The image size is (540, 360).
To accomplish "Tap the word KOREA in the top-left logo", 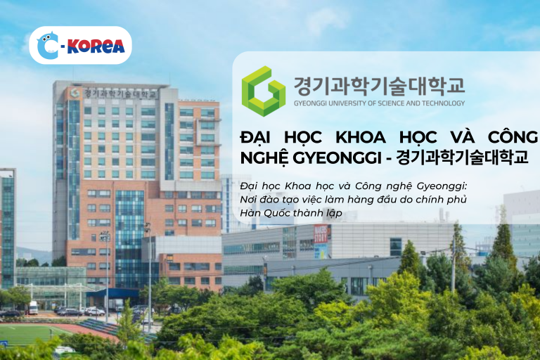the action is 96,46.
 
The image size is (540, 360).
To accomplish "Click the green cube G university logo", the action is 264,91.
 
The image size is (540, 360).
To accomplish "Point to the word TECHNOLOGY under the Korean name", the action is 443,103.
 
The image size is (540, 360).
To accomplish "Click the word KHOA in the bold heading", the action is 361,137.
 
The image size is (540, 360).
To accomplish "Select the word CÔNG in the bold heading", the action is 513,136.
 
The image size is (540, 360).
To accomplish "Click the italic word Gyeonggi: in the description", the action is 442,187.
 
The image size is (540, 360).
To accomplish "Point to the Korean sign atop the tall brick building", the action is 113,94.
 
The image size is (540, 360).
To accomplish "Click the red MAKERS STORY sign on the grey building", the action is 321,233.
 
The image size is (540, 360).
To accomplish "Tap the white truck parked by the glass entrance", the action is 33,308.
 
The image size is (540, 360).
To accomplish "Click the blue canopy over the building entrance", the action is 112,293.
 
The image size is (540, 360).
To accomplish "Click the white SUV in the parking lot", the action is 95,311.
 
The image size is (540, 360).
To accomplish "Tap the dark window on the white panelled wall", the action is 396,247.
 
